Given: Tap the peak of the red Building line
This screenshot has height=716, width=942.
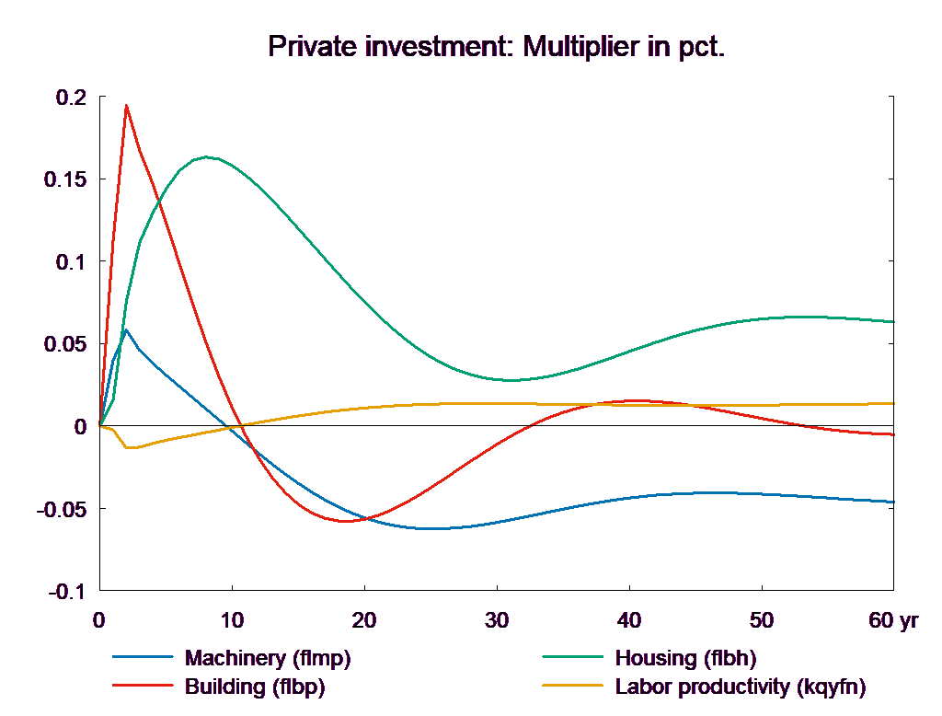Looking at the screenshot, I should pyautogui.click(x=126, y=105).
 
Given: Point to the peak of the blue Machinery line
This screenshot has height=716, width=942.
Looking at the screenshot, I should pyautogui.click(x=125, y=329).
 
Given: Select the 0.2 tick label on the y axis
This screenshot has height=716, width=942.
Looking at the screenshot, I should pyautogui.click(x=70, y=98).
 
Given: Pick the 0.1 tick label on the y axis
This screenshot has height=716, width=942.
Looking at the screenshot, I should pyautogui.click(x=70, y=262).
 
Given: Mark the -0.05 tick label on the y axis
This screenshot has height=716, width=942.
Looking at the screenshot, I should pyautogui.click(x=62, y=509).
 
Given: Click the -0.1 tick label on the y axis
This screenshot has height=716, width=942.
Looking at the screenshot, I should pyautogui.click(x=67, y=592).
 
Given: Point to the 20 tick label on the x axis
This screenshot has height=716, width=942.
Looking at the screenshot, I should pyautogui.click(x=364, y=621).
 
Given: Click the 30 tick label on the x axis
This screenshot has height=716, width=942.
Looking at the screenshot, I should pyautogui.click(x=497, y=621).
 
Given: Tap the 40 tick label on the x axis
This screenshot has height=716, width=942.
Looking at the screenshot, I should pyautogui.click(x=629, y=621).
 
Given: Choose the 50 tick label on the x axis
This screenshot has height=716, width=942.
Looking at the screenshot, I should pyautogui.click(x=762, y=621).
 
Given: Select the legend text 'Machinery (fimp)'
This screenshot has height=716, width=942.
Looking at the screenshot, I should pyautogui.click(x=268, y=658).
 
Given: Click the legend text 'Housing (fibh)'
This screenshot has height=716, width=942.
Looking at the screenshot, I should pyautogui.click(x=684, y=658).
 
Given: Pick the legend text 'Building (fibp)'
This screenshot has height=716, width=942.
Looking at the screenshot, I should pyautogui.click(x=255, y=687).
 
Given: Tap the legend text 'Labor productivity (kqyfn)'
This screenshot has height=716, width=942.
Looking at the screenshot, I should pyautogui.click(x=740, y=687).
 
